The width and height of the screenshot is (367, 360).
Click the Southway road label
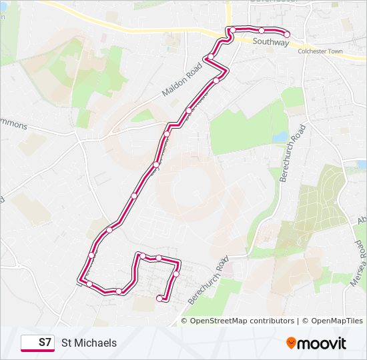(271, 43)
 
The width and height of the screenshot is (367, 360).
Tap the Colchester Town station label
(320, 51)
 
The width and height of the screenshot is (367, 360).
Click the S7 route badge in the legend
(37, 343)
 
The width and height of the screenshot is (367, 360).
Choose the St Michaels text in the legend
(89, 343)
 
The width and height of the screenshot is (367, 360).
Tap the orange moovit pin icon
(291, 343)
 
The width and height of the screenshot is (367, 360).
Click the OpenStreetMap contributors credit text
(238, 321)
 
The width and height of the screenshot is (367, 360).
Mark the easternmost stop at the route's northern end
(287, 34)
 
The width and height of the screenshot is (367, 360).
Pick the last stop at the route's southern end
(159, 298)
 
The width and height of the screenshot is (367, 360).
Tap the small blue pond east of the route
(280, 137)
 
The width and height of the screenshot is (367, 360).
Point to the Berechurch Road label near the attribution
(208, 280)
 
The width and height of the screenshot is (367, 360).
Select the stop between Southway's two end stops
(262, 30)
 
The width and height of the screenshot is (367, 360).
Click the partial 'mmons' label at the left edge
(13, 125)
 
